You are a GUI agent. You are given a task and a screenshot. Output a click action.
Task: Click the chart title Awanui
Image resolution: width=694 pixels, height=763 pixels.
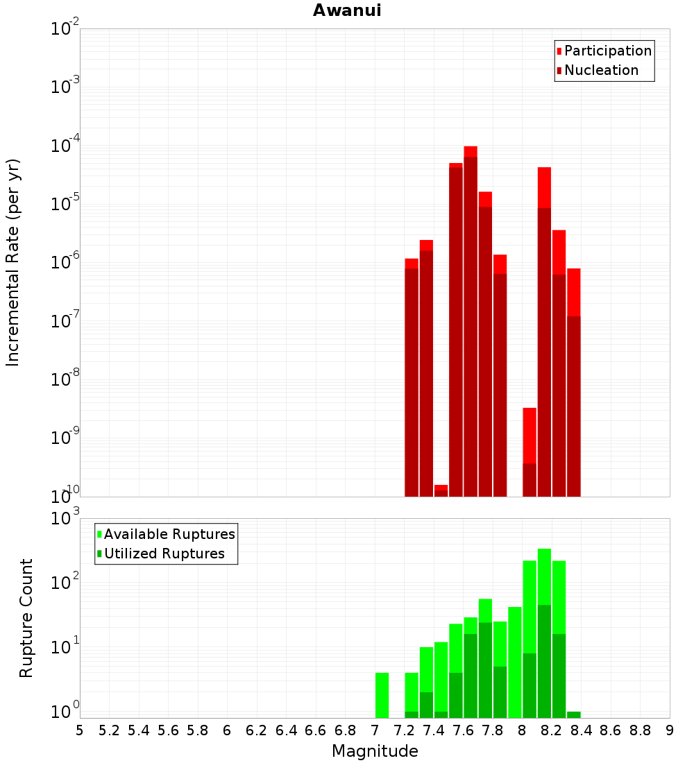(347, 10)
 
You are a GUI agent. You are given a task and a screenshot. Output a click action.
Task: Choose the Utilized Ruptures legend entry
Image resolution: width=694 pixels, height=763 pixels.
(164, 554)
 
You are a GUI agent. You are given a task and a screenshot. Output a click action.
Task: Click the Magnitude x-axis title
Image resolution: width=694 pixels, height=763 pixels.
(375, 751)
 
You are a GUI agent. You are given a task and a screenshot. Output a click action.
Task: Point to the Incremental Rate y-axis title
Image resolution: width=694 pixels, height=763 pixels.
(13, 262)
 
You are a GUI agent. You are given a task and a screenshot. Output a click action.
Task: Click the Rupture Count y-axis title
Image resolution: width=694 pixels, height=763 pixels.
(26, 617)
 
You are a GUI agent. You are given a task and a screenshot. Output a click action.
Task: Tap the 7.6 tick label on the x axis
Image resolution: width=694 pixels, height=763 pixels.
(463, 730)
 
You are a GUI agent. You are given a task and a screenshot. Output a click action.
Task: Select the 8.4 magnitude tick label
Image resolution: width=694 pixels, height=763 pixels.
(582, 730)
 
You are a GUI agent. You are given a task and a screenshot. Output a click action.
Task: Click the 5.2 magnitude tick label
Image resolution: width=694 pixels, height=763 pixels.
(109, 730)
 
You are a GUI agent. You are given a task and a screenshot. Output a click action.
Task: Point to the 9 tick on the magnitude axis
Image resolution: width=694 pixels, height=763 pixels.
(670, 730)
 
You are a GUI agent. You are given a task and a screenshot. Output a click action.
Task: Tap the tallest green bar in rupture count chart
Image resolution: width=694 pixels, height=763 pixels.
(544, 624)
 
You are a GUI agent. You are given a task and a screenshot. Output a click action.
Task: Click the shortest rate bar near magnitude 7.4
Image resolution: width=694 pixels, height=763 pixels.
(441, 491)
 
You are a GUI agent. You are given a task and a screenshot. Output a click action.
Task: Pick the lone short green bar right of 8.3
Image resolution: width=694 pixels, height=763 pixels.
(574, 714)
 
